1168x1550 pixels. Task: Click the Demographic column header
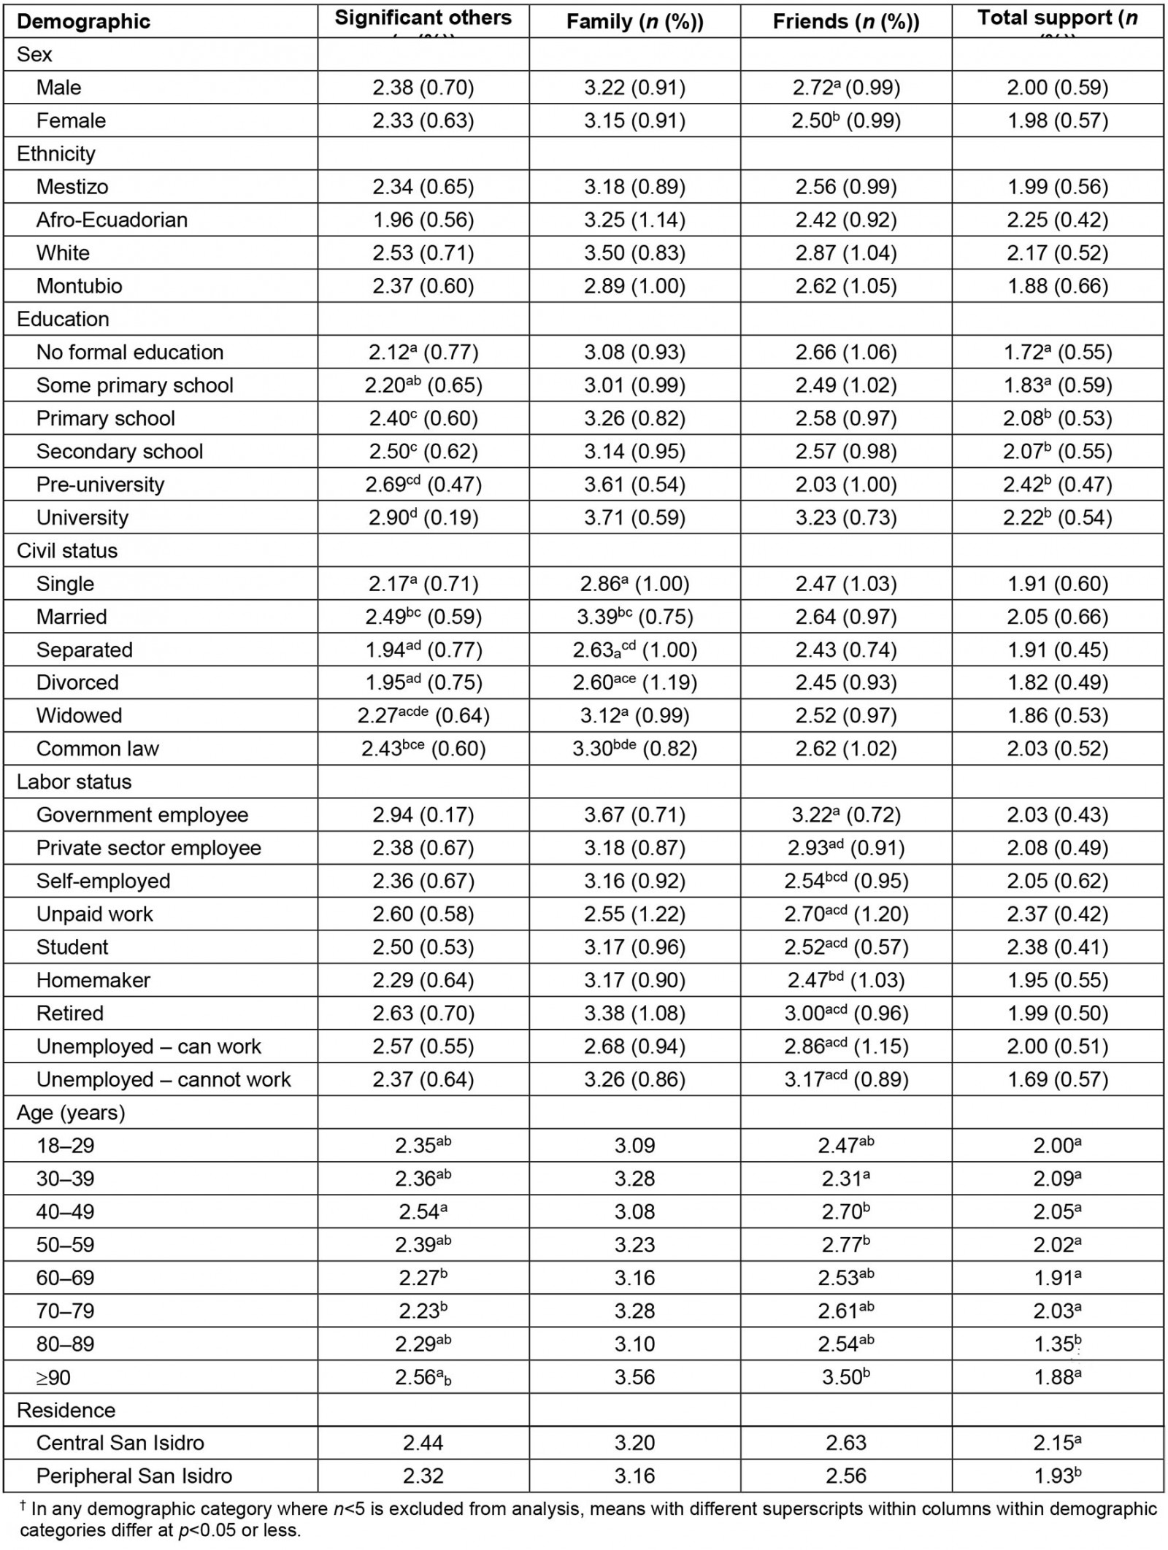point(83,21)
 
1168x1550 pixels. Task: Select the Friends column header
point(845,22)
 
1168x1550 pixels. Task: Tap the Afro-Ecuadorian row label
point(112,220)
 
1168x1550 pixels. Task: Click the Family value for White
point(634,252)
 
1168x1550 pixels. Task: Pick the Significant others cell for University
point(423,517)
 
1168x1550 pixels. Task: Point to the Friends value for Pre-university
point(846,485)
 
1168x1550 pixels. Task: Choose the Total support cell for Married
point(1057,617)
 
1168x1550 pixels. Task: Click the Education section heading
point(63,319)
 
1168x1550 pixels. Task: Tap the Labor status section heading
point(74,782)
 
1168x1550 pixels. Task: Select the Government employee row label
point(142,814)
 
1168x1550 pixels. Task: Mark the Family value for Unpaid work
point(634,914)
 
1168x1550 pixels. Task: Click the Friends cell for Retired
point(846,1013)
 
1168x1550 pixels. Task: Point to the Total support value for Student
point(1057,946)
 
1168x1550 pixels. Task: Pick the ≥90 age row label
point(53,1377)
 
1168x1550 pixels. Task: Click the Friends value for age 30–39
point(846,1179)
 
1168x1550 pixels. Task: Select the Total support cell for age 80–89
point(1057,1343)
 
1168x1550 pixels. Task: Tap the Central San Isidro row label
point(120,1443)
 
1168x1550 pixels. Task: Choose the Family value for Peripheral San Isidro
point(634,1476)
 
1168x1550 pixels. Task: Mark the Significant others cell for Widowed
point(423,715)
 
